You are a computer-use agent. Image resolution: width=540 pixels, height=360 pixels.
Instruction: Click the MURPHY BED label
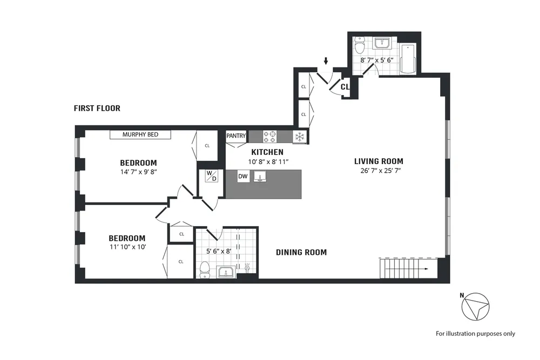(x=140, y=134)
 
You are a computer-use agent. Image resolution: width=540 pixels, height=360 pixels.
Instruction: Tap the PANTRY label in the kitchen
(x=236, y=136)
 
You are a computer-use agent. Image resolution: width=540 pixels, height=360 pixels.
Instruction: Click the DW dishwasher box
(x=243, y=176)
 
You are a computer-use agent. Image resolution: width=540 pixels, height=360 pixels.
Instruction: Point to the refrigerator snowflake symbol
(x=299, y=137)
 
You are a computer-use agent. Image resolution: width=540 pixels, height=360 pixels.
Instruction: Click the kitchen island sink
(x=261, y=176)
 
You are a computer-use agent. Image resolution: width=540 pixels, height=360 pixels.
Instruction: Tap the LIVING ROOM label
(x=378, y=161)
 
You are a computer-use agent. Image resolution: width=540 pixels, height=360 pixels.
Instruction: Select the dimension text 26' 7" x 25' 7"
(x=378, y=171)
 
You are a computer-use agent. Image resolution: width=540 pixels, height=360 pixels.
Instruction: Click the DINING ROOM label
(x=301, y=252)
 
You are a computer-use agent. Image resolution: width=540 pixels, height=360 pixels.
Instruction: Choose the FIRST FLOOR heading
(x=97, y=108)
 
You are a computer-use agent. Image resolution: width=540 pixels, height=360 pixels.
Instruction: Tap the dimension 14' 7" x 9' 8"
(x=138, y=172)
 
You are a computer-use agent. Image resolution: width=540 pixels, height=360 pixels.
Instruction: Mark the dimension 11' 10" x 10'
(x=127, y=248)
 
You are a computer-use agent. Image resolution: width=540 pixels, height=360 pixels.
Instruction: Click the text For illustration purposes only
(x=475, y=334)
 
